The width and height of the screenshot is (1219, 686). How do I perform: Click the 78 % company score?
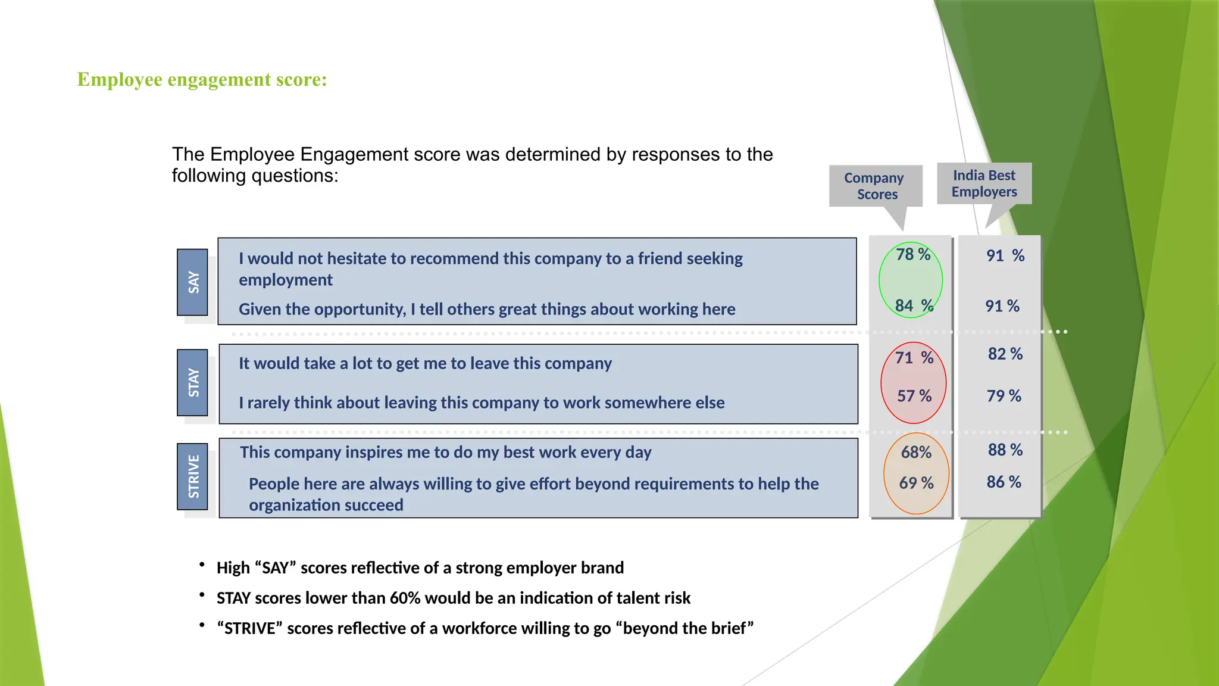[x=912, y=255]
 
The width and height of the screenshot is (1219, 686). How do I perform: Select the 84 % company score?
[x=914, y=306]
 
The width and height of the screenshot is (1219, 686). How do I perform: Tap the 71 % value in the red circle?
[x=914, y=358]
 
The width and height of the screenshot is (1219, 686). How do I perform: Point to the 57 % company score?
[x=914, y=396]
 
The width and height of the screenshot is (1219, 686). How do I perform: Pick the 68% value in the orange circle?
[x=916, y=453]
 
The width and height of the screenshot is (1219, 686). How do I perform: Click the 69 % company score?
[x=916, y=483]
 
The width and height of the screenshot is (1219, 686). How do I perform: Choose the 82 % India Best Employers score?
[x=1005, y=354]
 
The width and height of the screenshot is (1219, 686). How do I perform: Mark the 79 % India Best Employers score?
[x=1004, y=396]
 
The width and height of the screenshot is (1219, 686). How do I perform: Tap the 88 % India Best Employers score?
[x=1005, y=450]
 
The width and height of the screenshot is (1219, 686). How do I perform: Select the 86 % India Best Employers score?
[x=1004, y=482]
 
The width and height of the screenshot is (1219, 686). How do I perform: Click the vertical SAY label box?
[x=193, y=282]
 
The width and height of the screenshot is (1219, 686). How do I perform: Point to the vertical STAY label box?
[x=193, y=382]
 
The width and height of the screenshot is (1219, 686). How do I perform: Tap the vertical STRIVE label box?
[x=193, y=476]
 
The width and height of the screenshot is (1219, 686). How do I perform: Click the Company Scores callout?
[x=875, y=186]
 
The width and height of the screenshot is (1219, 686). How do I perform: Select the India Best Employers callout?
[x=984, y=183]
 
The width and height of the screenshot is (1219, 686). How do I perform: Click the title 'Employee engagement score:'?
[x=202, y=79]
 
